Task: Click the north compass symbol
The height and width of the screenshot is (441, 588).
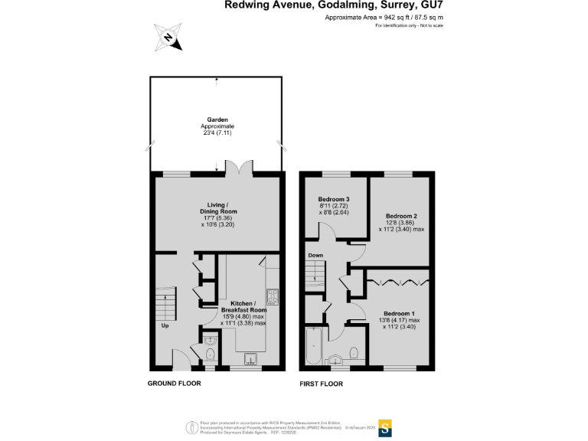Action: [169, 38]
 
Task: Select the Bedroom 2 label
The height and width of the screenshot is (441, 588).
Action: [400, 216]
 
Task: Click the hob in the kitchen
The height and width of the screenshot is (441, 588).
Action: [271, 296]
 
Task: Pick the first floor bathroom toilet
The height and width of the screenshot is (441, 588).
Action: [354, 353]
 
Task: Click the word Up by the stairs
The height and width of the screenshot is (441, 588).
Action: [165, 325]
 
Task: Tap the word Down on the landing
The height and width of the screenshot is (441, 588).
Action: [315, 255]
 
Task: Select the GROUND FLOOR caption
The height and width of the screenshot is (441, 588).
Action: [174, 384]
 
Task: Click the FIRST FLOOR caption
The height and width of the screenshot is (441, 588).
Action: [321, 384]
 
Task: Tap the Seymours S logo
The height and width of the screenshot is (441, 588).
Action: [386, 426]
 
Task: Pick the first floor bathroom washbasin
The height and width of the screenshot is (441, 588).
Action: [335, 358]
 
